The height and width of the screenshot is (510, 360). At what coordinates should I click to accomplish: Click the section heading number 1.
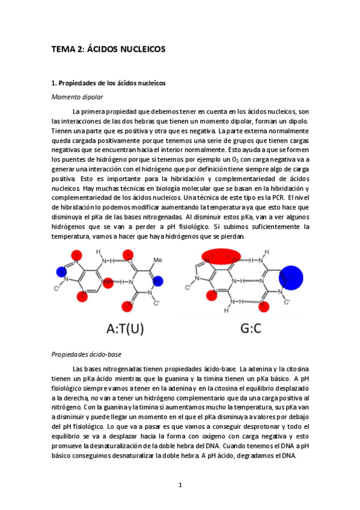coord(53,82)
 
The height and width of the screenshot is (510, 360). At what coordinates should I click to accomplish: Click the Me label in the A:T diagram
coord(157,260)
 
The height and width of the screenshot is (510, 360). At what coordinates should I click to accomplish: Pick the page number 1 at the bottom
coord(180,485)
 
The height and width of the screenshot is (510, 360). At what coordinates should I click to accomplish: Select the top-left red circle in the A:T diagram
coord(76,257)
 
